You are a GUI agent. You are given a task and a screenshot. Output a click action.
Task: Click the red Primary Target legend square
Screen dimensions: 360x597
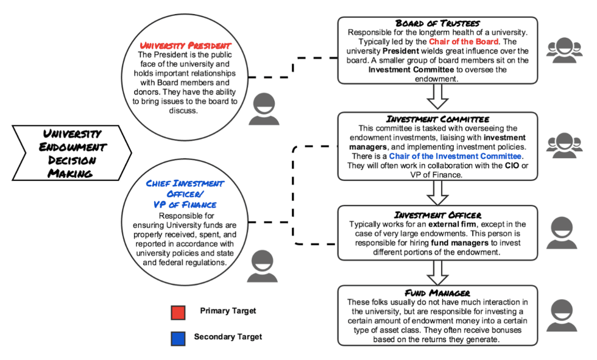point(178,312)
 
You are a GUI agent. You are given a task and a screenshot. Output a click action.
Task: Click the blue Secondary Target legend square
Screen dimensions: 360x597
point(178,338)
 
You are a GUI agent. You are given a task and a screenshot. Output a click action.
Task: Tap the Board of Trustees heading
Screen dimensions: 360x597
point(438,23)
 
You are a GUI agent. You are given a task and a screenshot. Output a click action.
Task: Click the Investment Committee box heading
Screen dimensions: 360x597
point(438,119)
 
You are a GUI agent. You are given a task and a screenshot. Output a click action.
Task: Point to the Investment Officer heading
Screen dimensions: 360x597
point(438,215)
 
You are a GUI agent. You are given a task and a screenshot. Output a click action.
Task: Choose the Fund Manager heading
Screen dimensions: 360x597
point(438,293)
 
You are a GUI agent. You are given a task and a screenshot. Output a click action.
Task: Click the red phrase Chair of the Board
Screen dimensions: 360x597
point(464,41)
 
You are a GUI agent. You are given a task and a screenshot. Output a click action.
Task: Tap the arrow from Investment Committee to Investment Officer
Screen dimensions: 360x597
point(438,192)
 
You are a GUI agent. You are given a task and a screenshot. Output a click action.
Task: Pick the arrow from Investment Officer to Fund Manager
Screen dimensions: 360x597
point(438,271)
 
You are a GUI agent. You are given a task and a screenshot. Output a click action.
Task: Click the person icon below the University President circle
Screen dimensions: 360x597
point(264,110)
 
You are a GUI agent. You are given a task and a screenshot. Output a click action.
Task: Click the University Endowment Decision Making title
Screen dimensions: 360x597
point(72,153)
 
